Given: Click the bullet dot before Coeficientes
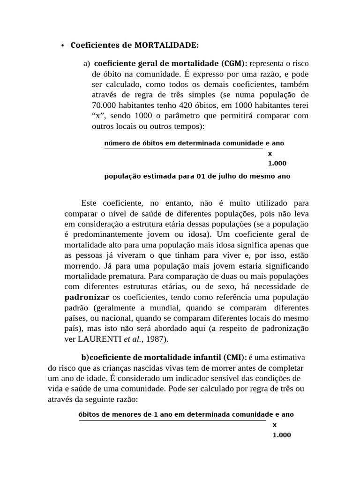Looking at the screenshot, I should [x=62, y=46].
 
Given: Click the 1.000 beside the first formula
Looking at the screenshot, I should [x=277, y=164].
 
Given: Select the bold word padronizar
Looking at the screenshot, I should [x=87, y=297].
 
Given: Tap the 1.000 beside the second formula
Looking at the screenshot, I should [x=282, y=435].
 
